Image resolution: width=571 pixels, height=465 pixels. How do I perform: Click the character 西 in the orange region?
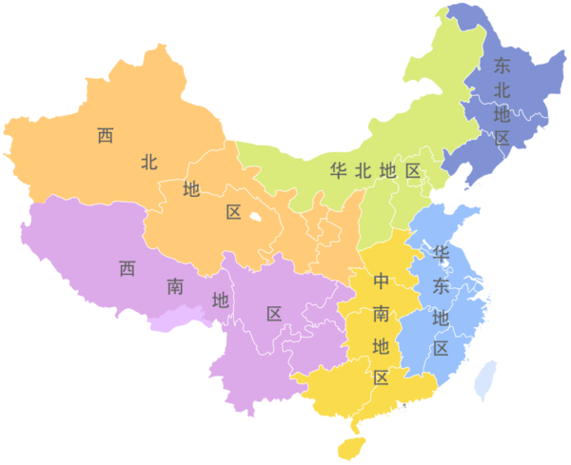[106, 136]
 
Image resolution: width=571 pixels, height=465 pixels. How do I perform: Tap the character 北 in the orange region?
[148, 162]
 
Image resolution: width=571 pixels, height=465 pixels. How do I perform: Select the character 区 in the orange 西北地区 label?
[234, 213]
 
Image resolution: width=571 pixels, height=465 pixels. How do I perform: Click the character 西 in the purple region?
[127, 269]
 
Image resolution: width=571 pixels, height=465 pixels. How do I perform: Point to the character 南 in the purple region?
[175, 285]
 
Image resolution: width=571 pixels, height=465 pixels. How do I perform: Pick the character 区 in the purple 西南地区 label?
[274, 314]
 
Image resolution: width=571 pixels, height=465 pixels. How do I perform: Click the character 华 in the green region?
[338, 171]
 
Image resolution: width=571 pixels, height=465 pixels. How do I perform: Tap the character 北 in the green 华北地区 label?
[363, 171]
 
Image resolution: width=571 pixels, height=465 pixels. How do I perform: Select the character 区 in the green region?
[412, 171]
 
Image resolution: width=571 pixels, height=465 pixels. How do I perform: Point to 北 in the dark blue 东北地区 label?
[502, 90]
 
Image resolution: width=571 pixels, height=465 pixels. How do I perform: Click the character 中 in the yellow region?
[381, 281]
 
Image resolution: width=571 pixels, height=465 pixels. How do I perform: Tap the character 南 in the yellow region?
[381, 313]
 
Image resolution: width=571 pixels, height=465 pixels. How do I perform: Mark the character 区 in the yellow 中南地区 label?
[381, 378]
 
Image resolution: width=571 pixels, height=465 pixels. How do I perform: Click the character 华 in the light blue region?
[441, 253]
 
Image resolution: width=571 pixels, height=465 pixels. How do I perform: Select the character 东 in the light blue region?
[441, 284]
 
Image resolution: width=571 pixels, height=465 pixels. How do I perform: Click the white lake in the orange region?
[255, 219]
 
